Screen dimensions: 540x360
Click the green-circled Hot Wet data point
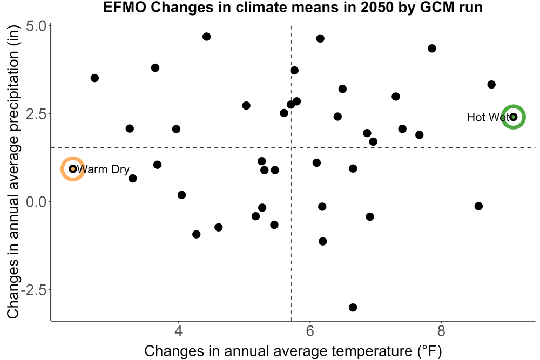click(x=513, y=117)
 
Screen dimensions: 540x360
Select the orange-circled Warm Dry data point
click(x=73, y=168)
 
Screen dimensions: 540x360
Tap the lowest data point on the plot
click(x=353, y=307)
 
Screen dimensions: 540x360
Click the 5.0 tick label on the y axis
click(x=36, y=26)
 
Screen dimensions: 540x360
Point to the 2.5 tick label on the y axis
click(x=36, y=114)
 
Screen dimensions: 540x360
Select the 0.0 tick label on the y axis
click(x=36, y=202)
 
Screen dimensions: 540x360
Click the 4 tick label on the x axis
click(x=178, y=331)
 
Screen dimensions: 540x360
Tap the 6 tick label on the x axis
click(x=310, y=331)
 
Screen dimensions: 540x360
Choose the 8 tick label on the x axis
click(x=441, y=331)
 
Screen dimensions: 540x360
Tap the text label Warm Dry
click(x=103, y=169)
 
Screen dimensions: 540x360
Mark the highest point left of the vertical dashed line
click(x=206, y=37)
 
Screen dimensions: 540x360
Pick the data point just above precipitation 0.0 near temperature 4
click(x=181, y=195)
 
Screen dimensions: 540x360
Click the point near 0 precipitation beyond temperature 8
click(x=478, y=206)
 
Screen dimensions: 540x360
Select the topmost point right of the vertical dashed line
click(x=320, y=38)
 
